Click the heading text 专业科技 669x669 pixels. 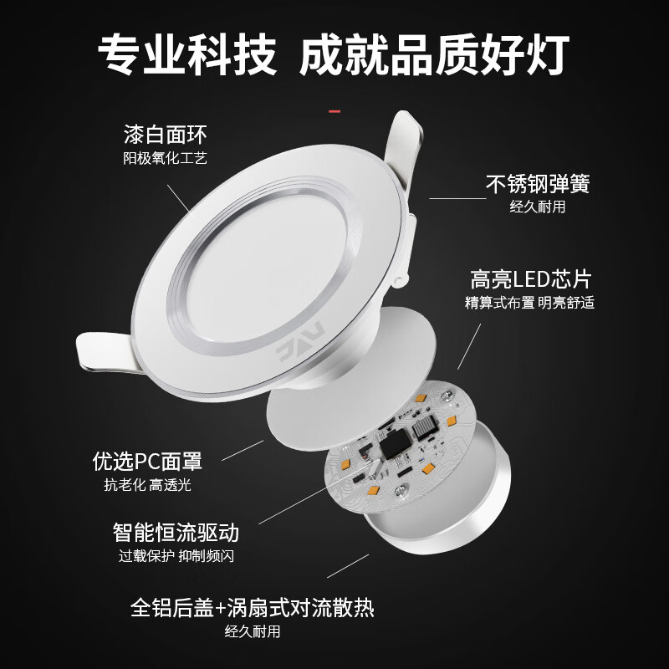[186, 55]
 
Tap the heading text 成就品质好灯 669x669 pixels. [434, 55]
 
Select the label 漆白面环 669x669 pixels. [165, 134]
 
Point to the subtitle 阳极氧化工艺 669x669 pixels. [165, 157]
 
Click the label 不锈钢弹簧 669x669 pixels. [538, 184]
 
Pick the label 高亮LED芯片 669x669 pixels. [530, 278]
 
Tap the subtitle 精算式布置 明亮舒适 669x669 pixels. [530, 303]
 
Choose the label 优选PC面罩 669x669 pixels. [147, 461]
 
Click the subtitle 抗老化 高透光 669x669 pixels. [147, 485]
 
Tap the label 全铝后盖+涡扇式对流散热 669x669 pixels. [252, 606]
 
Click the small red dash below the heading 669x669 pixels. [334, 110]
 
